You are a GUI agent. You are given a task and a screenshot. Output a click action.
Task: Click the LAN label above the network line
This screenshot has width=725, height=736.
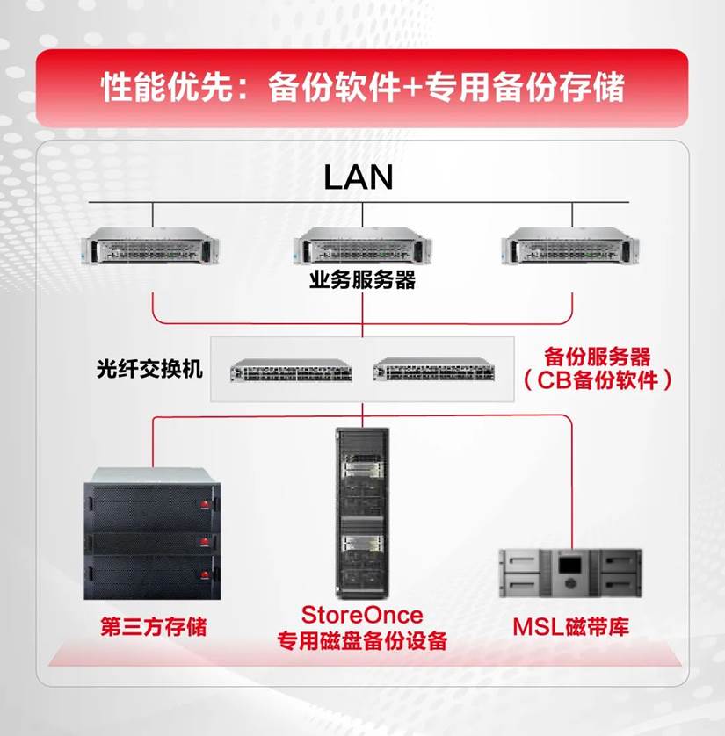359,177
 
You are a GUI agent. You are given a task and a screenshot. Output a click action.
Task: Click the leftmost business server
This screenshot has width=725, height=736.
150,246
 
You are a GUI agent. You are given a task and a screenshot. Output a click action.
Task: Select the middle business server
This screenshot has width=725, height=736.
362,246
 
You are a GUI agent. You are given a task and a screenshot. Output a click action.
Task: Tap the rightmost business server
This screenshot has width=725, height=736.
570,246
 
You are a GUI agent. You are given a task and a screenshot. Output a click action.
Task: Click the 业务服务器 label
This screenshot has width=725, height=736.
362,280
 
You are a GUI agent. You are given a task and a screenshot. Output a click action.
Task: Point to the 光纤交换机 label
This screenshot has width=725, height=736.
149,369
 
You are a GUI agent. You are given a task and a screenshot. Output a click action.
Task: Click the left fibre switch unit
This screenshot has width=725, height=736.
291,370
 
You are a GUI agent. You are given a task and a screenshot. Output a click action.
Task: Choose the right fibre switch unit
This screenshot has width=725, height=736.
434,369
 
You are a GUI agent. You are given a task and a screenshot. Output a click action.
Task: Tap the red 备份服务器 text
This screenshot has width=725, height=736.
598,357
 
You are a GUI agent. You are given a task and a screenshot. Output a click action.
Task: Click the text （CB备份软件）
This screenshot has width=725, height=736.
598,380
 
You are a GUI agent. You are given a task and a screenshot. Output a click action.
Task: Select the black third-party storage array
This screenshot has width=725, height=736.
152,534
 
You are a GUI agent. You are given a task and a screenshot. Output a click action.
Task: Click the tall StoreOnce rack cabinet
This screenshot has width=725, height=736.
362,514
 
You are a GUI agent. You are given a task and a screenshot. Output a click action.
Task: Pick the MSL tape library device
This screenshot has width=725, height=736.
570,574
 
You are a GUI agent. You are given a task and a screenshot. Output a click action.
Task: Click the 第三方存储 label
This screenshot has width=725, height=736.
154,626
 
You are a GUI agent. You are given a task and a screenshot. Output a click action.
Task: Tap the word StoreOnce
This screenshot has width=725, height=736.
362,615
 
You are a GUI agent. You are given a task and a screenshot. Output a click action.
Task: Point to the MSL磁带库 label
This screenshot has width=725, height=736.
570,626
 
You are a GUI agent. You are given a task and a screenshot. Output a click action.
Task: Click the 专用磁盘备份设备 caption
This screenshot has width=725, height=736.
362,641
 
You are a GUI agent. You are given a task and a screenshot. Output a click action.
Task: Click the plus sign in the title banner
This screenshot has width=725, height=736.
413,87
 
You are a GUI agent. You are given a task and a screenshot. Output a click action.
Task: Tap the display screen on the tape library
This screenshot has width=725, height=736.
569,564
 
